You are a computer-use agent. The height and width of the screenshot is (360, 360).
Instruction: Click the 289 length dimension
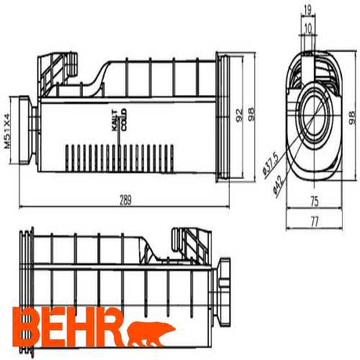pos(126,201)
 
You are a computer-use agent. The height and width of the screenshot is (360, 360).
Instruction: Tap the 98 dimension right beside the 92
pos(251,114)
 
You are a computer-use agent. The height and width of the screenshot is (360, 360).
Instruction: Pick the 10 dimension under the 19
pos(307,28)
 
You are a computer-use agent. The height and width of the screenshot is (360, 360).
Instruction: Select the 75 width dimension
pos(314,202)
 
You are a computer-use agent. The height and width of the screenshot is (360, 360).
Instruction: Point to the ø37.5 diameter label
pos(268,165)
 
